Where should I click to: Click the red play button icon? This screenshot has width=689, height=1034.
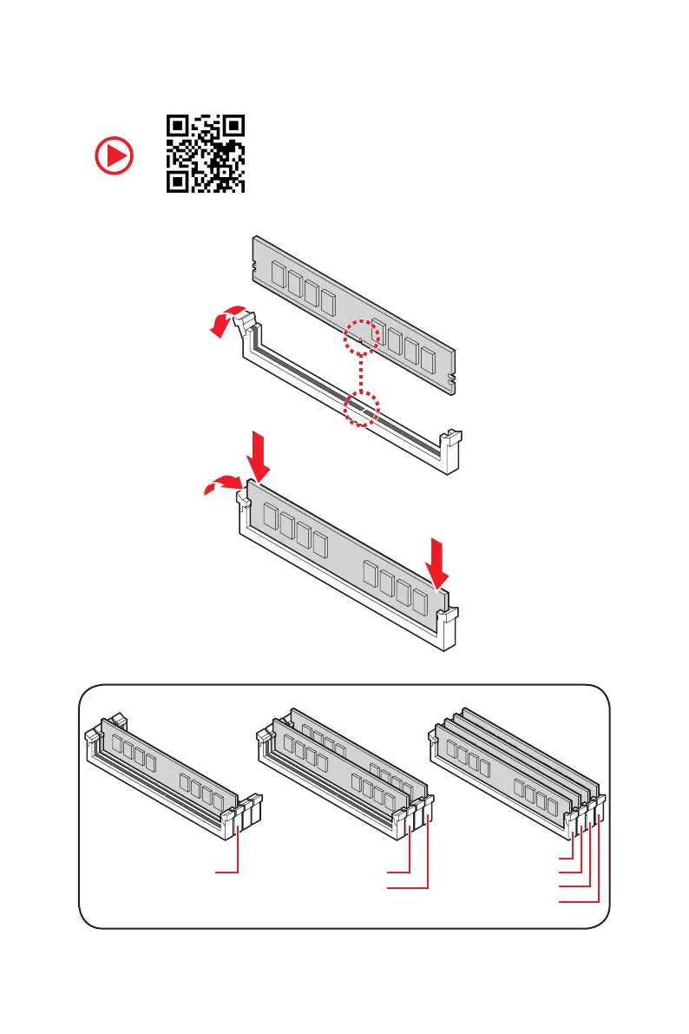click(x=115, y=157)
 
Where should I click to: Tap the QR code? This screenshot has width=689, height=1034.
click(x=206, y=154)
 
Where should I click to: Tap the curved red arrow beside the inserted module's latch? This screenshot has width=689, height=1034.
click(x=220, y=486)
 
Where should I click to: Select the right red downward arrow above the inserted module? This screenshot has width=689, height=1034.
click(x=439, y=562)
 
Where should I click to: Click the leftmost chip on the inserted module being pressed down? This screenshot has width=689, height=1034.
click(x=269, y=520)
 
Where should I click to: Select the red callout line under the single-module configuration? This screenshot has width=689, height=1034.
click(x=227, y=870)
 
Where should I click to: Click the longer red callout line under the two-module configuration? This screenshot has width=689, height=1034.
click(x=408, y=887)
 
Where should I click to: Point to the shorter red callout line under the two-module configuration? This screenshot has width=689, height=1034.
click(x=398, y=870)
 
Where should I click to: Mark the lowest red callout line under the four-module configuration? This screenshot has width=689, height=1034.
click(x=578, y=903)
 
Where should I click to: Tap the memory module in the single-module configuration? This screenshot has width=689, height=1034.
click(x=169, y=764)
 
